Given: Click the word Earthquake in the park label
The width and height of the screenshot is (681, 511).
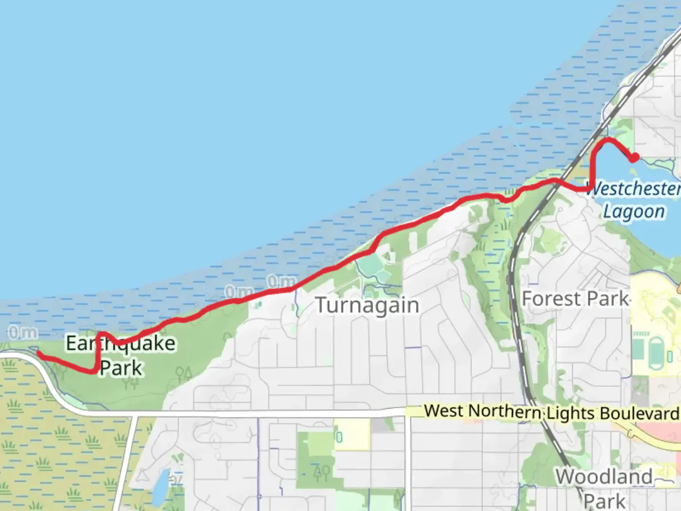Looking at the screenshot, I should coord(121,344).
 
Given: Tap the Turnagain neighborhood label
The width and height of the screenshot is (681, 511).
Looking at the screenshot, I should coord(367,305).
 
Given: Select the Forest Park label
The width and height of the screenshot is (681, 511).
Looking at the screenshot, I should coord(576,299).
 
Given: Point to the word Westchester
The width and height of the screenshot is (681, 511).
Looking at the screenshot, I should coord(634,188).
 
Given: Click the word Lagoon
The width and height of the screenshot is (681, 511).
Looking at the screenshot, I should coord(634,211).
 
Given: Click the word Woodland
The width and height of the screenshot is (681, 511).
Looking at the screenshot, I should coord(604,477).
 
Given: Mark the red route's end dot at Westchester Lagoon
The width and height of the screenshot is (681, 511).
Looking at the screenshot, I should coord(634,158).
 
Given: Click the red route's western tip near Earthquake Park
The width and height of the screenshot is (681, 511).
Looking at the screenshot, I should coord(39,353).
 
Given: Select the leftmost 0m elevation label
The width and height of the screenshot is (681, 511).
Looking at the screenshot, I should coord(22,333).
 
